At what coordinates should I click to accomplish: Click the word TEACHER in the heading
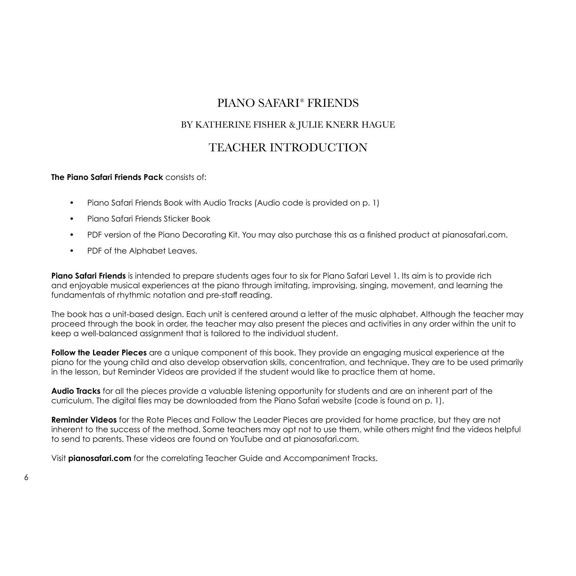coord(236,148)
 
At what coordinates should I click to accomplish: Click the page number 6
coord(26,478)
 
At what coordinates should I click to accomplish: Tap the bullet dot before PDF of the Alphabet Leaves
coord(71,251)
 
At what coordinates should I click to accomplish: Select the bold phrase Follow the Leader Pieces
coord(99,352)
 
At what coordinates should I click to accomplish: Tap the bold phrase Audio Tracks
coord(76,391)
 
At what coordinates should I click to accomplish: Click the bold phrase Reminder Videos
coord(84,420)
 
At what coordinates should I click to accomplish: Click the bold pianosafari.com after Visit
coord(100,458)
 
